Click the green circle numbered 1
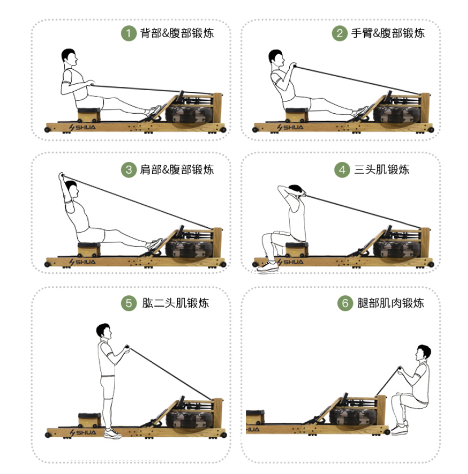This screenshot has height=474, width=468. point(129,33)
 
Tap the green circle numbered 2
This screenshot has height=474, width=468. point(339,33)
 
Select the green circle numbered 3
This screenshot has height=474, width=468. point(129,170)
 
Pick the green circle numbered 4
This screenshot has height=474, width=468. point(342,170)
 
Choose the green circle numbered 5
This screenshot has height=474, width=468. point(129,303)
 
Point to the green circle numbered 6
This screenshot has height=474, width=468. point(345,303)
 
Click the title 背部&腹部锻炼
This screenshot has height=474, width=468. point(177,33)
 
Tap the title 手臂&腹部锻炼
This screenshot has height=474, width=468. point(388,33)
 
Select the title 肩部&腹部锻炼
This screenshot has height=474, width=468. point(177,170)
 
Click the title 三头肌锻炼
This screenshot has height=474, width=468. point(382,170)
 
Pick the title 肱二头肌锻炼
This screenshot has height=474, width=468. point(175,303)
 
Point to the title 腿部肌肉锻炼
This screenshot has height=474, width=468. point(391,303)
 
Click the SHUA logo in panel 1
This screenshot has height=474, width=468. point(82,127)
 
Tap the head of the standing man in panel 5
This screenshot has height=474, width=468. point(104,331)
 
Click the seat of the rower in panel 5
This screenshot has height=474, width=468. point(90,419)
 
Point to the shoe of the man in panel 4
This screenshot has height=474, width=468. point(267,267)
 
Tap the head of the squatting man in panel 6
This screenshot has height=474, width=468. point(423,352)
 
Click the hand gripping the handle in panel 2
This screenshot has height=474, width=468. point(293,65)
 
